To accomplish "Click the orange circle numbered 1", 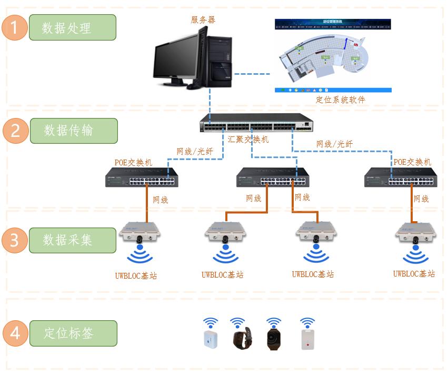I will (x=14, y=28).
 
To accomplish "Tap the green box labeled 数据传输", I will (x=73, y=130).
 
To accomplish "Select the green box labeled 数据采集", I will (x=73, y=240).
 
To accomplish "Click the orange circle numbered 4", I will (x=14, y=333).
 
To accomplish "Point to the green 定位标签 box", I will (x=73, y=333).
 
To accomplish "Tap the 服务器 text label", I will (x=203, y=20).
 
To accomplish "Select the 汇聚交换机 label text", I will (x=248, y=140).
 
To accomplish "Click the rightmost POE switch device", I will (x=401, y=177).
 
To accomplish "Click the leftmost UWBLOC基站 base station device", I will (x=139, y=233).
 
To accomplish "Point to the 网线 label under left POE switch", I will (x=160, y=200).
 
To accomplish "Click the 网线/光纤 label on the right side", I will (x=334, y=144).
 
